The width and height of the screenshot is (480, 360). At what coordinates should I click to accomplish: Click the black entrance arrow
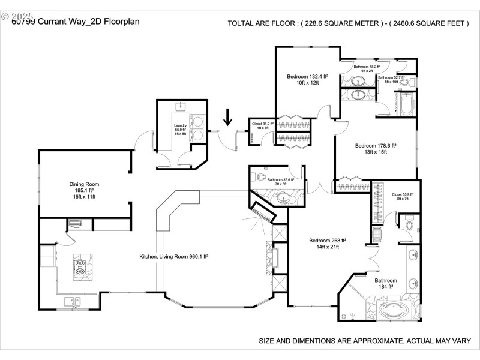(227, 117)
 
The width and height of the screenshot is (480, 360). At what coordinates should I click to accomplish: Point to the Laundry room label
(180, 129)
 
